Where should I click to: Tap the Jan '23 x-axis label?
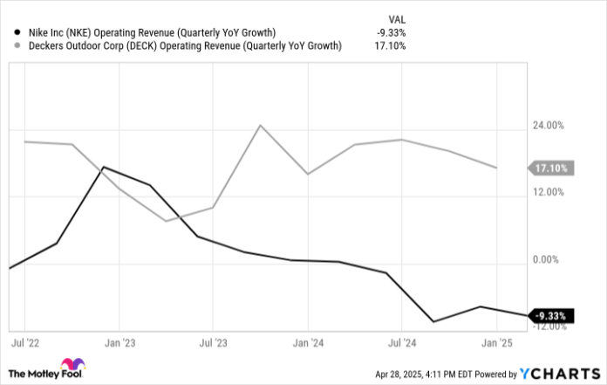point(119,343)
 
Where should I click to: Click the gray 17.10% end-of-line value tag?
point(552,168)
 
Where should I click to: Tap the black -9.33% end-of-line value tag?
point(551,315)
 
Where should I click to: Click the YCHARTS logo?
point(558,374)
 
